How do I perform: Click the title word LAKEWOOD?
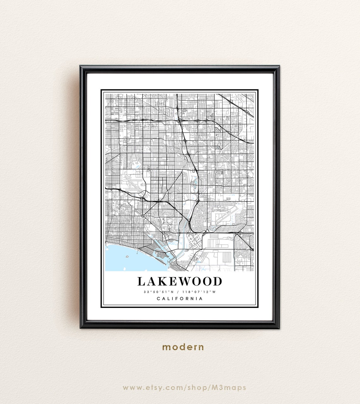180,281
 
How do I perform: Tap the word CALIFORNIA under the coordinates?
180,298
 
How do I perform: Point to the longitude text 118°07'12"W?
199,292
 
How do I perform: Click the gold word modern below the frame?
183,347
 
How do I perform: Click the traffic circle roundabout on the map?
143,216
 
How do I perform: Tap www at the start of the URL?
131,388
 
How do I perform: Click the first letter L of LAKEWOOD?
141,281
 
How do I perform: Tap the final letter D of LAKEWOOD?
218,281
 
